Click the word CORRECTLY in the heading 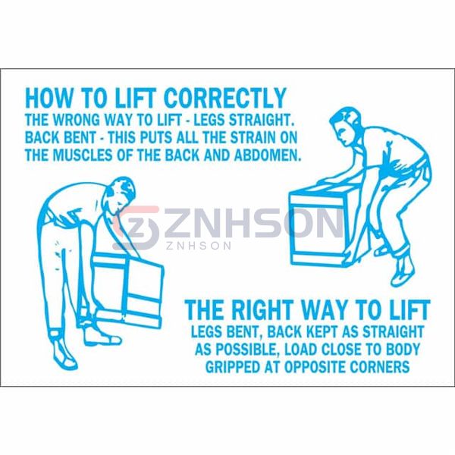[225, 98]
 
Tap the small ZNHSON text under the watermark [199, 246]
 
